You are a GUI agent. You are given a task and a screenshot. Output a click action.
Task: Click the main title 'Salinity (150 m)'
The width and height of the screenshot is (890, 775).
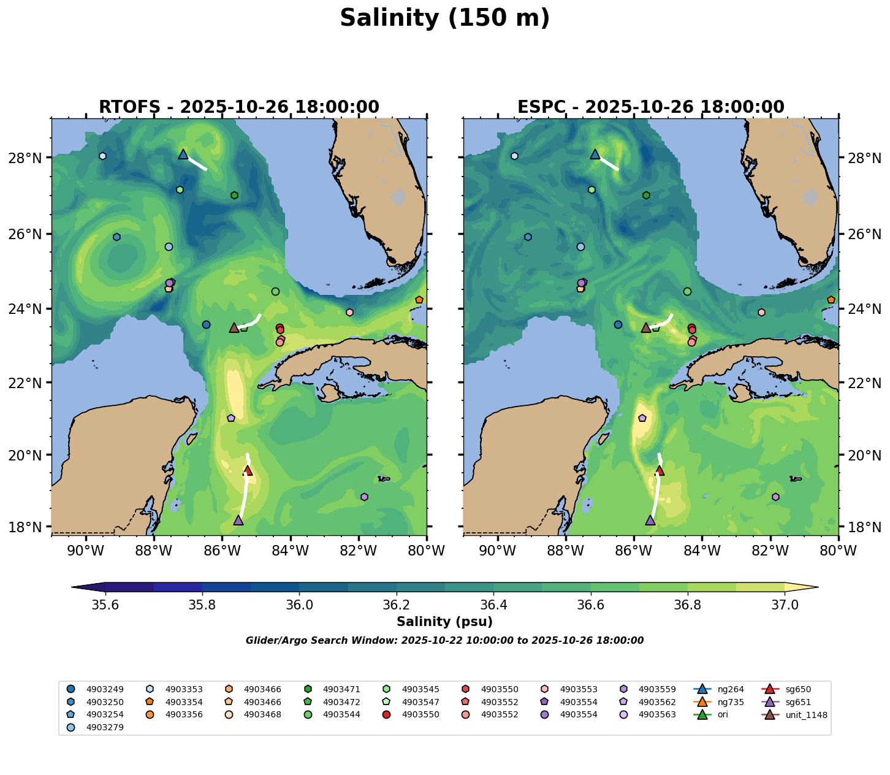click(444, 18)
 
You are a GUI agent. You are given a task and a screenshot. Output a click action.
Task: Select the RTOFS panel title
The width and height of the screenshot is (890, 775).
click(239, 107)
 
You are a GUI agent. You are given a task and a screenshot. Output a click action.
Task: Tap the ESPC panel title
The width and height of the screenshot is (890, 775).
click(650, 107)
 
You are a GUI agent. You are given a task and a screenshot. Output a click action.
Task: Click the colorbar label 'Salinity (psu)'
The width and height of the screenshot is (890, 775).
click(444, 622)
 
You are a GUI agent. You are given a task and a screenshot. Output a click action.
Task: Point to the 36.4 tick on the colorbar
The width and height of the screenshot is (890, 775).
click(493, 605)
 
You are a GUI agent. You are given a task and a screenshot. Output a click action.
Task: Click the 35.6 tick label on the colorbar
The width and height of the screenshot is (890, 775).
click(105, 605)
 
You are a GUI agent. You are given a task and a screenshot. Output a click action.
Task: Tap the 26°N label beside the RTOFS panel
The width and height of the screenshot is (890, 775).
click(29, 234)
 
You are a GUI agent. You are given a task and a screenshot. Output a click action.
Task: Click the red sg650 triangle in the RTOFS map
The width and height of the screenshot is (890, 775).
click(248, 470)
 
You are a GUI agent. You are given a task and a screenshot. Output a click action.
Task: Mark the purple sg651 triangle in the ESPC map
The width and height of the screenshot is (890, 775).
click(650, 520)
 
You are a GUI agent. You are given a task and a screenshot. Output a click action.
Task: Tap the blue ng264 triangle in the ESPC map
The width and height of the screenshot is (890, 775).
click(595, 154)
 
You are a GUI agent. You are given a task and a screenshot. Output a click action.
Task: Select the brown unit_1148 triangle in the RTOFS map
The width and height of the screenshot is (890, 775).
click(234, 327)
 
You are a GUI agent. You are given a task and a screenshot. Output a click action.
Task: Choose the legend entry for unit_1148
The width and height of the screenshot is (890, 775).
click(797, 715)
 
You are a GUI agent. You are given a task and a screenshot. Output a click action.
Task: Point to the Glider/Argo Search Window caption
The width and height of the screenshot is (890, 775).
click(444, 641)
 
